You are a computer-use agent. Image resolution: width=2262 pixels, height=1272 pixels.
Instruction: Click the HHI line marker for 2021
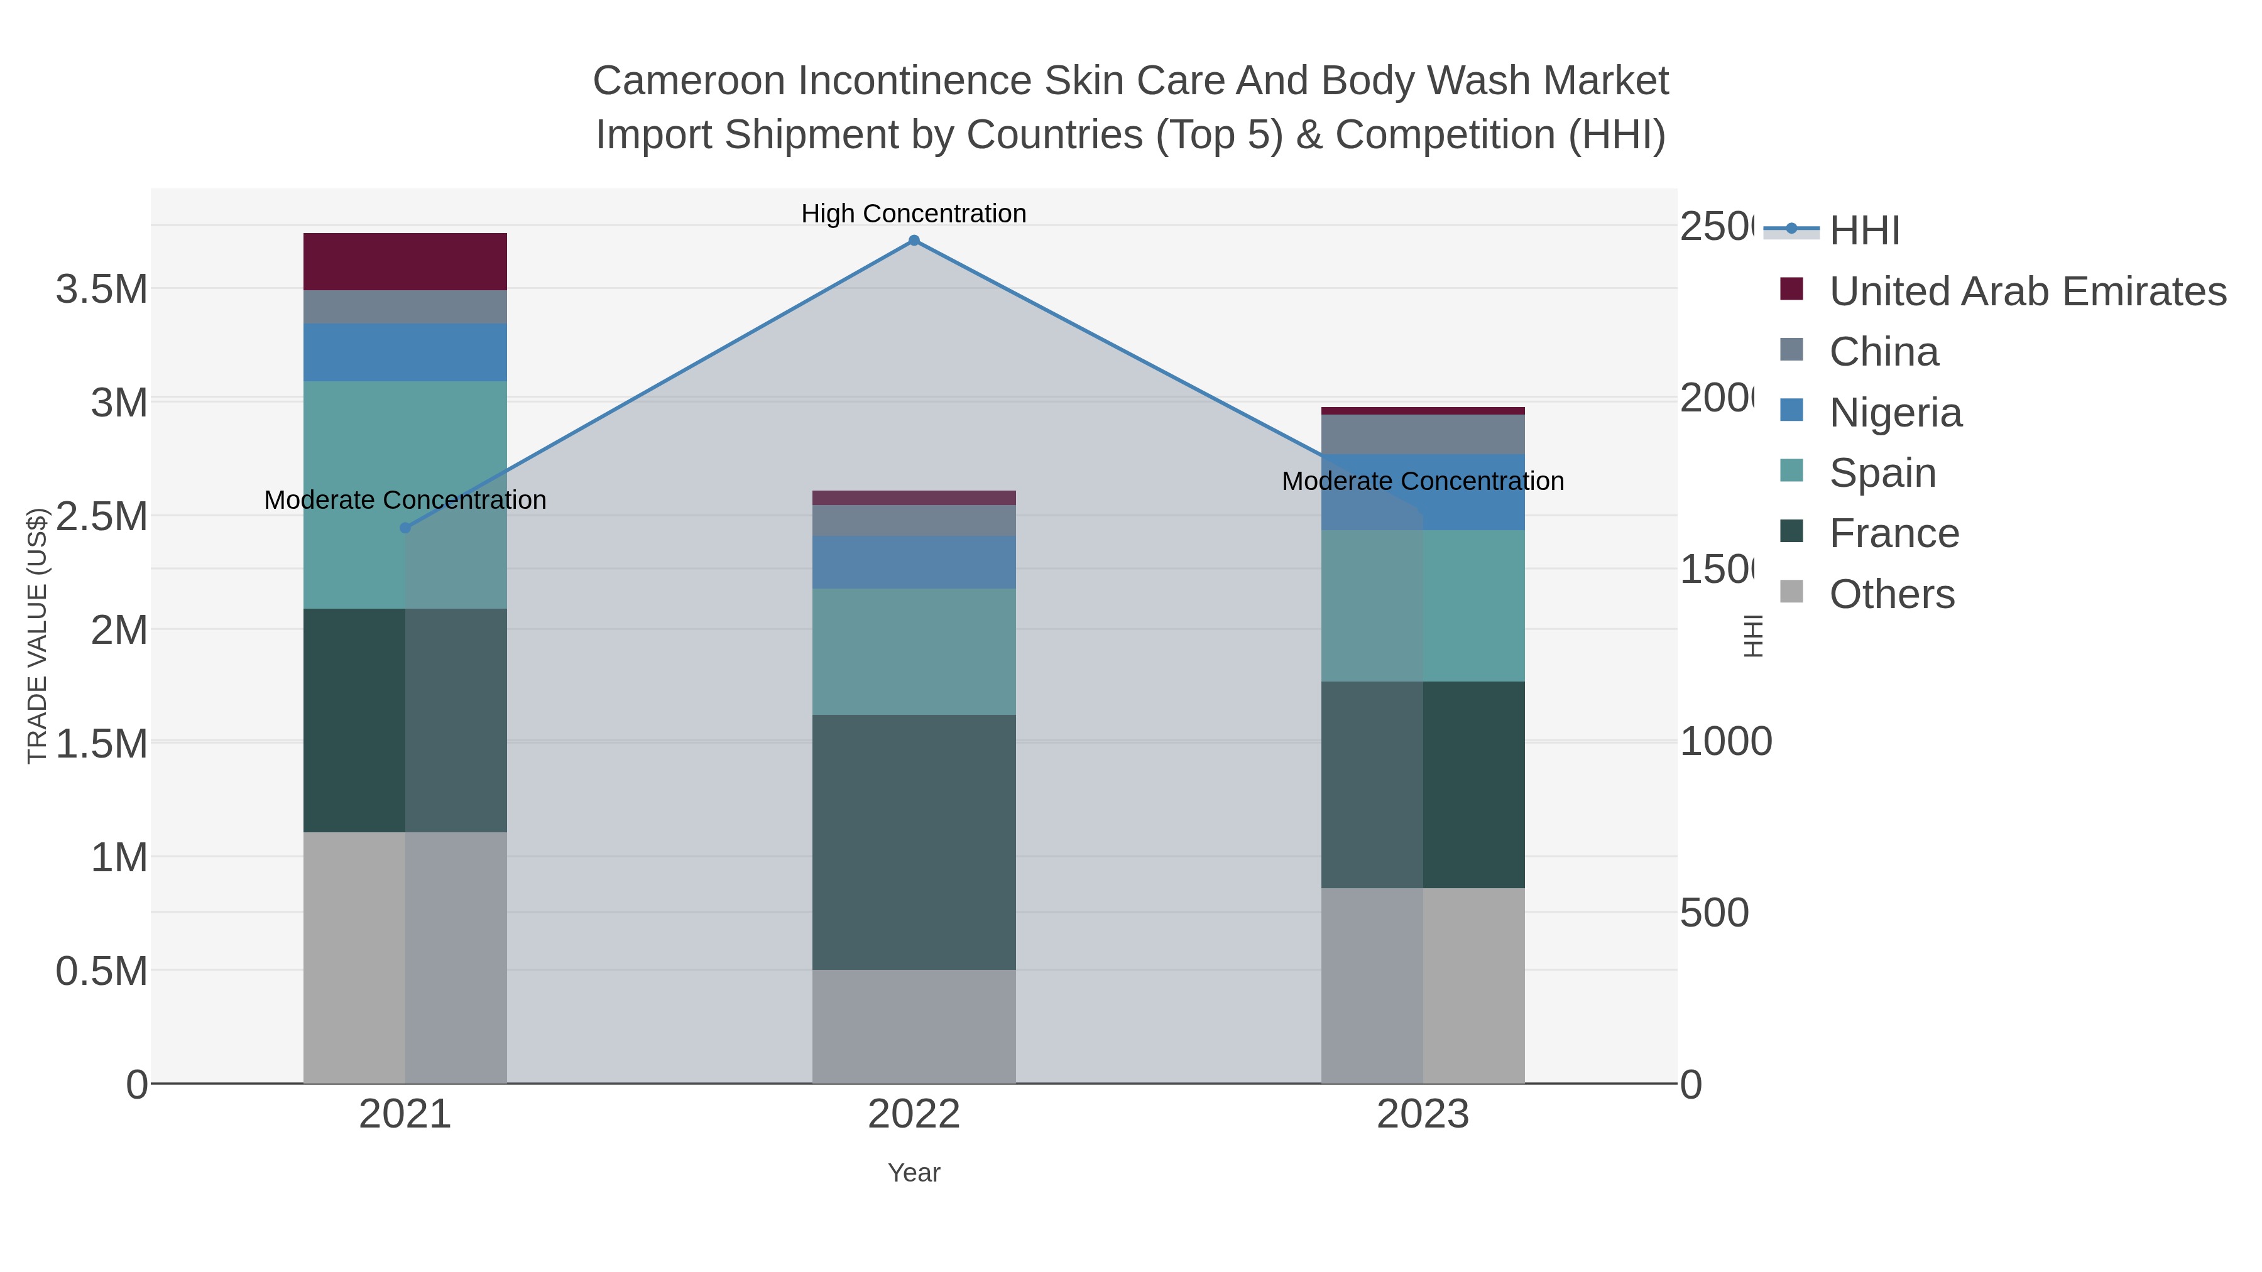coord(405,528)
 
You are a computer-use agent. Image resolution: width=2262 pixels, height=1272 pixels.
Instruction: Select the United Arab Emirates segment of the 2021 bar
coord(405,261)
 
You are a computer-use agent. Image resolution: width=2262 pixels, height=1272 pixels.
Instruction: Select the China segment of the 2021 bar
coord(405,307)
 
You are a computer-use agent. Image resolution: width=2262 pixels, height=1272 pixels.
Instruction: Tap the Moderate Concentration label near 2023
coord(1423,481)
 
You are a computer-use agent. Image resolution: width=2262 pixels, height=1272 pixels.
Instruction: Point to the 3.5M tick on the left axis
coord(102,289)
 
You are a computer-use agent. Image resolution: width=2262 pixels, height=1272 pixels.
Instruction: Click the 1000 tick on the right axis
coord(1725,742)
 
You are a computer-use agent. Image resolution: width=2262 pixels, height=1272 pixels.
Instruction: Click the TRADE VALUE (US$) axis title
coord(37,636)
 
